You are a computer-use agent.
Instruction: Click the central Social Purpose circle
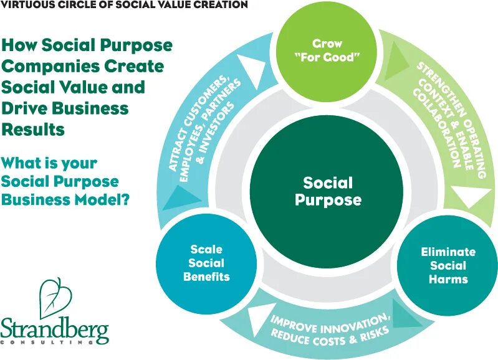328,191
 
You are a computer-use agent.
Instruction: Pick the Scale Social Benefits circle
206,263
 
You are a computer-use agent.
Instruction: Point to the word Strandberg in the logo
54,328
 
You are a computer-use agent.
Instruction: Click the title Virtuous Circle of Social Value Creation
124,5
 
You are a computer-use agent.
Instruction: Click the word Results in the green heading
34,130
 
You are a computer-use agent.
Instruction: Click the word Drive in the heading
26,108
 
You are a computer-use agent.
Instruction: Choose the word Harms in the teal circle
448,280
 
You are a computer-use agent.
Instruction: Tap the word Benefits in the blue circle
206,277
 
